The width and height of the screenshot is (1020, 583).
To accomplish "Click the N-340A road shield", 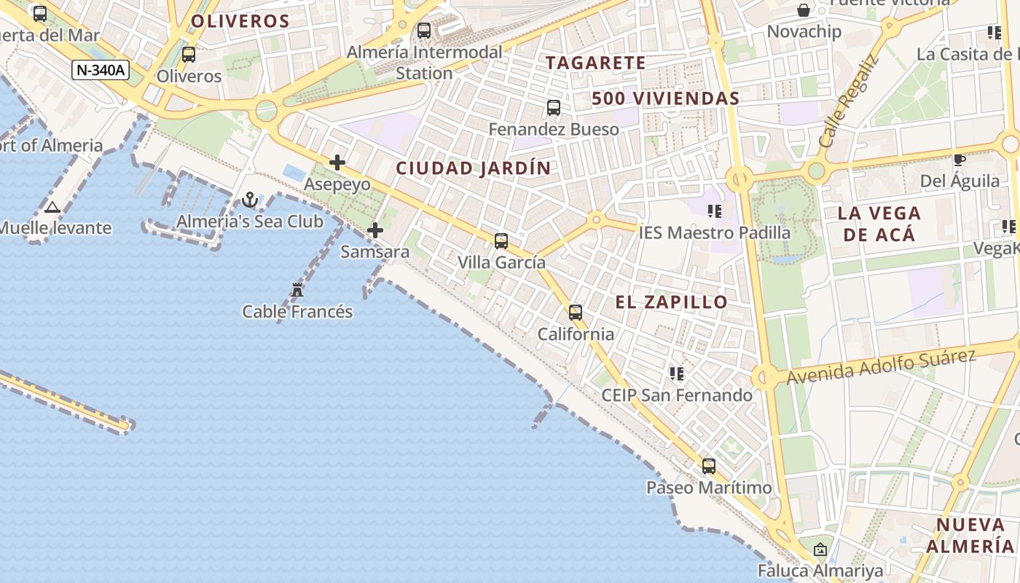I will click(x=101, y=70).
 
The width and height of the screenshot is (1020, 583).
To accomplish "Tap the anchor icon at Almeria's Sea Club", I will click(x=250, y=199).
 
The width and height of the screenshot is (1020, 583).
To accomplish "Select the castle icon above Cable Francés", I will click(x=297, y=290).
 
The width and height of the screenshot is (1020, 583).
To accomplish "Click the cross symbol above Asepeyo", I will click(x=337, y=162).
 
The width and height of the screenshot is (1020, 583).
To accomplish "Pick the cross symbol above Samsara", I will click(x=375, y=230).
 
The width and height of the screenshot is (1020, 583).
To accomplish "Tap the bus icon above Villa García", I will click(x=501, y=240).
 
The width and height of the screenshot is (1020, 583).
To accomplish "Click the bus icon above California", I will click(x=576, y=313).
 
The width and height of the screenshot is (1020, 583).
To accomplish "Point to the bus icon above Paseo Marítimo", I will click(x=709, y=466).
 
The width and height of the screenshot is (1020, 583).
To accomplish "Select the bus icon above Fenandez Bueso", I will click(x=554, y=108).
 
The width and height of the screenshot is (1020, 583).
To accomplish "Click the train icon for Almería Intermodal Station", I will click(x=424, y=31).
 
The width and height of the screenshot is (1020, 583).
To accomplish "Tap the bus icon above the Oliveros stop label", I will click(x=189, y=54).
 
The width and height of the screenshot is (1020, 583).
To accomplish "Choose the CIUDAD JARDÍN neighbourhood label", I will click(x=474, y=168).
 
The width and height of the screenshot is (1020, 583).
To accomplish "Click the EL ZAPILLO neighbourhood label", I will click(x=672, y=302).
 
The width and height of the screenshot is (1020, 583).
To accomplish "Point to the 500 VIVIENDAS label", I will click(x=666, y=98).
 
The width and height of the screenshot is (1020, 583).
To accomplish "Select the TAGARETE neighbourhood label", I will click(x=596, y=63).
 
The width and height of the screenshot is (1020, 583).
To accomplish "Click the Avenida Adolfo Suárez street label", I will click(x=881, y=366).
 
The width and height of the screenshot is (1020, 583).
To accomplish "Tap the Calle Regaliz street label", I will click(x=850, y=101).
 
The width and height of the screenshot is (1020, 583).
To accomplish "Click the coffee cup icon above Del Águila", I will click(x=960, y=160).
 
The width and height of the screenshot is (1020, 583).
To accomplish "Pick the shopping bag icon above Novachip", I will click(x=804, y=10).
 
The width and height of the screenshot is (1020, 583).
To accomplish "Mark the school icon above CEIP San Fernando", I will click(x=677, y=374).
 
